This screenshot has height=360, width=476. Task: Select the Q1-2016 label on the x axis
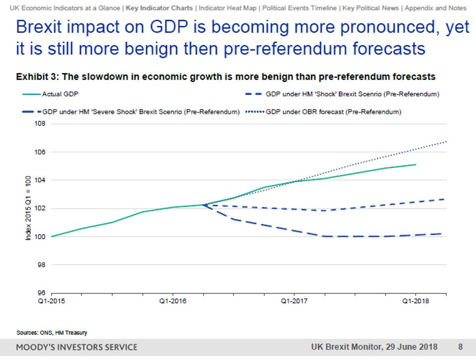pyautogui.click(x=172, y=301)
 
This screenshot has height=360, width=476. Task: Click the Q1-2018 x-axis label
pyautogui.click(x=415, y=301)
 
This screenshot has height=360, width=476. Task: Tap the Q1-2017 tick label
pyautogui.click(x=294, y=301)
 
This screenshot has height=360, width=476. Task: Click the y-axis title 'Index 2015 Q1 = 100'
pyautogui.click(x=29, y=209)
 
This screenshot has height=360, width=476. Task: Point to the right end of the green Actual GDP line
pyautogui.click(x=416, y=165)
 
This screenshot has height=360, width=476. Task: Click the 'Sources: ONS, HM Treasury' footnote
pyautogui.click(x=48, y=333)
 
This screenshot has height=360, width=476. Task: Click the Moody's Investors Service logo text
pyautogui.click(x=77, y=347)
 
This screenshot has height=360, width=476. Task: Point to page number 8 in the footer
pyautogui.click(x=460, y=347)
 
